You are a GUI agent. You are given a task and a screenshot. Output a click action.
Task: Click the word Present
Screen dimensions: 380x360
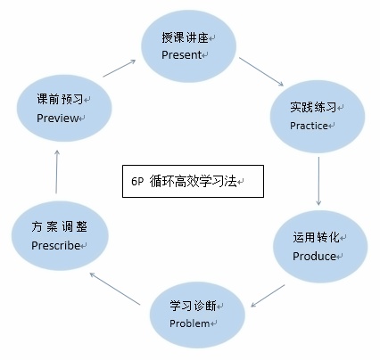(182, 55)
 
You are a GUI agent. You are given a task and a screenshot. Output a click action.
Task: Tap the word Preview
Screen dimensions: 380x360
(58, 119)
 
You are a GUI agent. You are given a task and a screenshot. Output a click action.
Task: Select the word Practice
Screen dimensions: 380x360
(309, 126)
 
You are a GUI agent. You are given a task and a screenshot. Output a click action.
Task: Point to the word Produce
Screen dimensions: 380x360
(315, 256)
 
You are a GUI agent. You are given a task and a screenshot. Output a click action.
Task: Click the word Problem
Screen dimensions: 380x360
(190, 323)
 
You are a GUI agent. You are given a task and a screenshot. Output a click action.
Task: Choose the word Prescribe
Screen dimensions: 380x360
(56, 245)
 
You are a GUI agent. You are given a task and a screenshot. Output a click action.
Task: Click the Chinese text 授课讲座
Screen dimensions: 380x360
(185, 37)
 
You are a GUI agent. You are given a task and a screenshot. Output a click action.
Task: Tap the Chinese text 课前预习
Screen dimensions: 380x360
(60, 99)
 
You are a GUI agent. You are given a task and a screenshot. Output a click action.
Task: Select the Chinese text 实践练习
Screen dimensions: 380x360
(313, 107)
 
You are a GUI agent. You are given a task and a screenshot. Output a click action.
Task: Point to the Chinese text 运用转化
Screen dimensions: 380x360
(316, 237)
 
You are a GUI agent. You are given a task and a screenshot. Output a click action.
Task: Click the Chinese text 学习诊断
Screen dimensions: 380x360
(193, 306)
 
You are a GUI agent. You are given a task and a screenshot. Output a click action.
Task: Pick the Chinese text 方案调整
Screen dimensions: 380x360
(60, 227)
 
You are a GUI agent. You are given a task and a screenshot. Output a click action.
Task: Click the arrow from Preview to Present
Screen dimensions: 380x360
(120, 69)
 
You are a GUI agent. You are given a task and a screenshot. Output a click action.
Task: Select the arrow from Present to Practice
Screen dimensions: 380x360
(261, 72)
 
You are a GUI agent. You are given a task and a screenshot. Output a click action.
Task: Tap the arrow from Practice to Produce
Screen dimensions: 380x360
(318, 181)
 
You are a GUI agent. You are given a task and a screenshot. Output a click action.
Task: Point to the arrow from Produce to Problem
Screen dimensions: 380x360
(268, 296)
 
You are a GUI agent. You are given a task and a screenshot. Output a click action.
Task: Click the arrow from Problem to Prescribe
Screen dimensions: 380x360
(115, 289)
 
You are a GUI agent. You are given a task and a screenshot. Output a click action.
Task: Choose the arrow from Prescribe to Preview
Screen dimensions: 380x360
(56, 172)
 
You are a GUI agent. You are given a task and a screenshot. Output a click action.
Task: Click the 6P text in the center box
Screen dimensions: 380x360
(137, 182)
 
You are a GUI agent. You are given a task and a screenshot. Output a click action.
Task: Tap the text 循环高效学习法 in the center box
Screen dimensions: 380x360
(193, 181)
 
